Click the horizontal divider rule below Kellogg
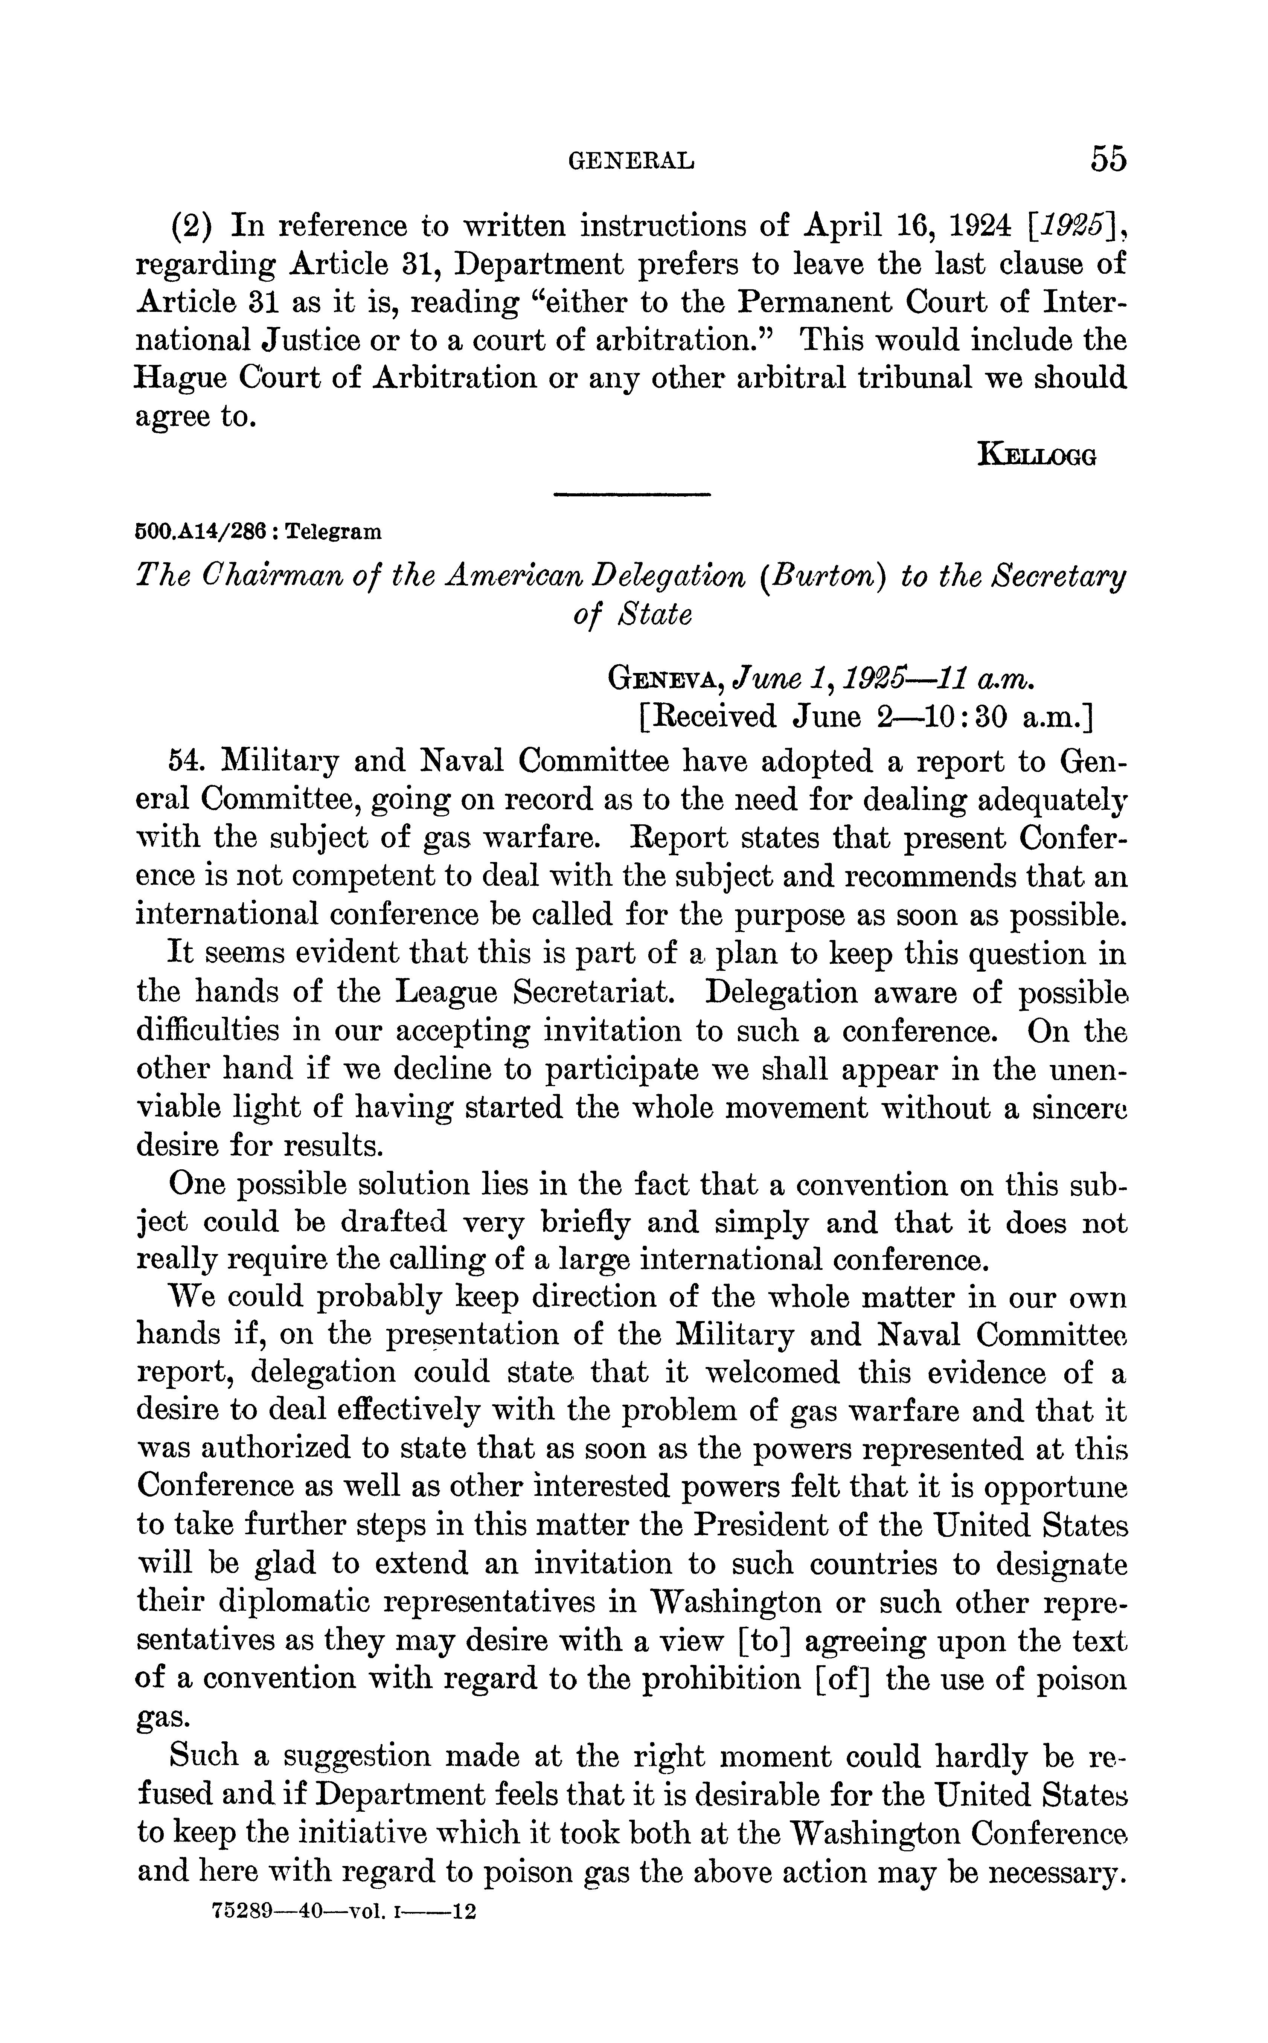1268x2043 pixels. pyautogui.click(x=632, y=496)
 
